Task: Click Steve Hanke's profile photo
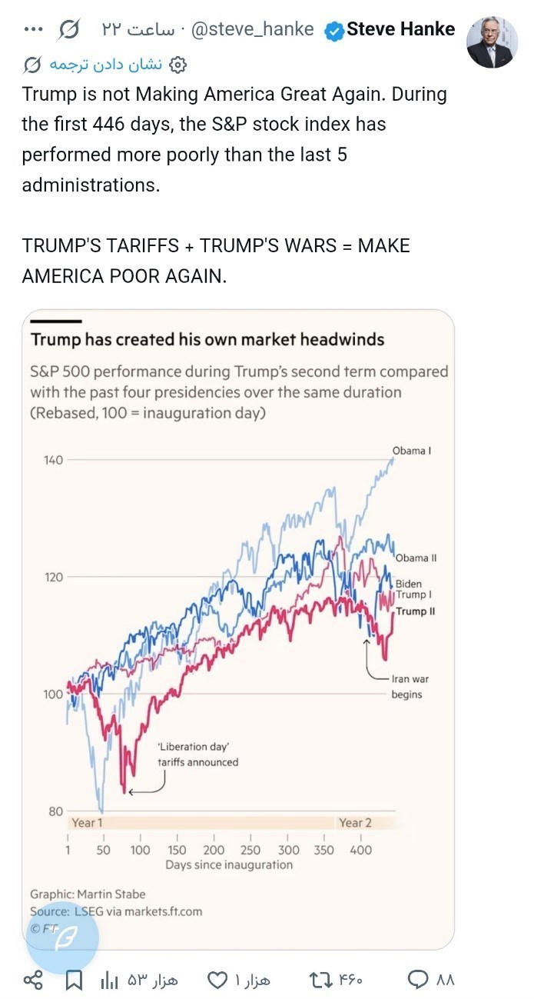pos(493,42)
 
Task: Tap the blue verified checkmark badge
pos(333,30)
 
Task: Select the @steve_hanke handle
pos(252,30)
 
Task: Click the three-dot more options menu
pos(34,30)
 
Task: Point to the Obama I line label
pos(411,451)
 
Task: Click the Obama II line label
pos(416,558)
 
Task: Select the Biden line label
pos(408,584)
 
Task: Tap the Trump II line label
pos(415,611)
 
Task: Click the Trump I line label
pos(413,595)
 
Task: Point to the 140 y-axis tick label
pos(53,460)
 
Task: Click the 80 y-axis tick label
pos(56,811)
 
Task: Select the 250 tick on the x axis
pos(250,850)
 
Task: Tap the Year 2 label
pos(355,822)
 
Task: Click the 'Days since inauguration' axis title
pos(229,864)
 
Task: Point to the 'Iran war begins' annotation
pos(406,687)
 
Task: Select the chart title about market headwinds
pos(207,339)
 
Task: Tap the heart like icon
pos(218,980)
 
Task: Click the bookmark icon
pos(74,980)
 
